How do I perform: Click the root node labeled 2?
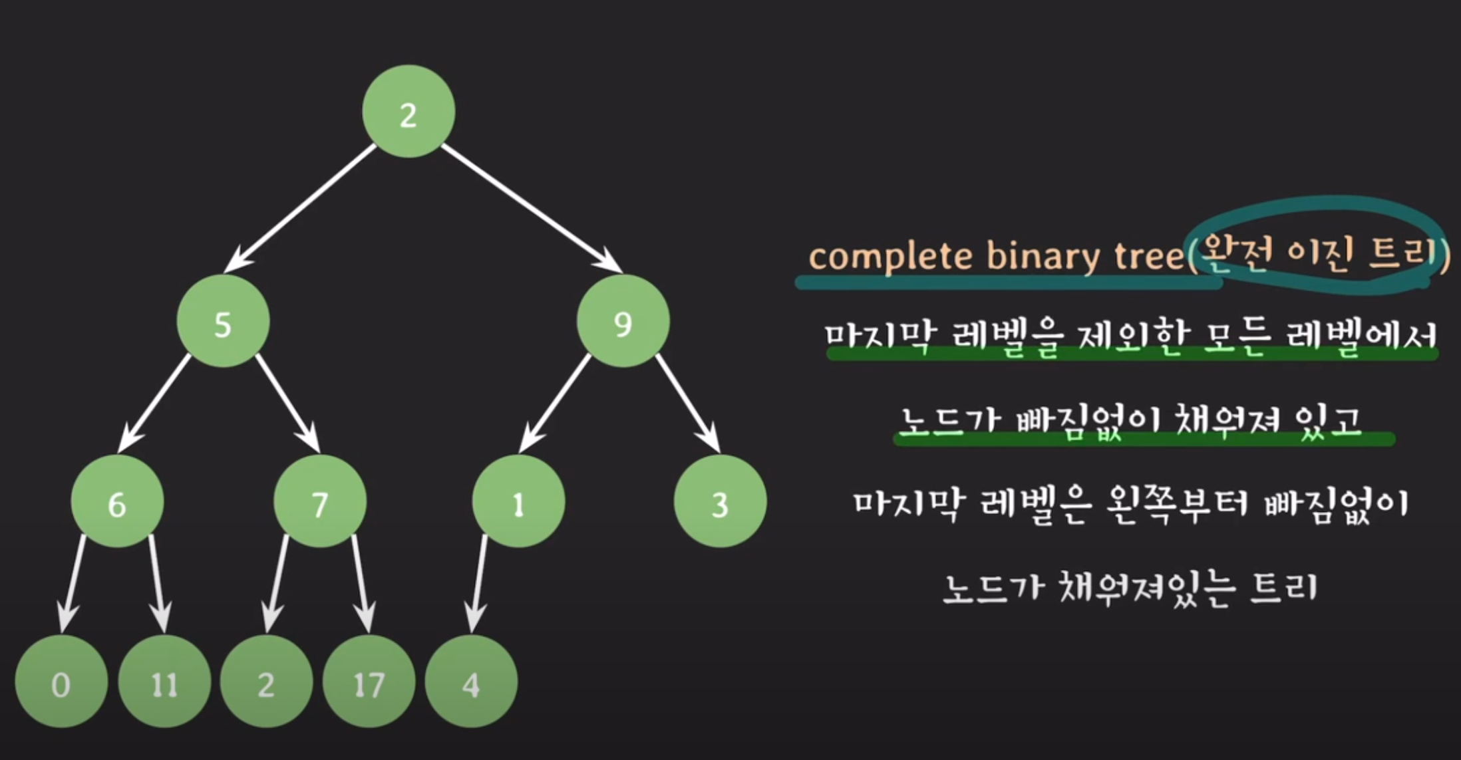coord(408,112)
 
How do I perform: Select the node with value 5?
coord(223,321)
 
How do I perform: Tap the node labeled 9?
coord(623,321)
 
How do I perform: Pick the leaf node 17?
coord(369,682)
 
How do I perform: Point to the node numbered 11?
coord(164,682)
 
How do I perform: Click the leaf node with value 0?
coord(61,682)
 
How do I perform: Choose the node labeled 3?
coord(720,502)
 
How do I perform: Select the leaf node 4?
coord(471,682)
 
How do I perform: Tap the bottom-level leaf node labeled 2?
coord(266,682)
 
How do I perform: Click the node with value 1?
coord(518,502)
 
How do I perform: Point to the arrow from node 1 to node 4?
coord(478,584)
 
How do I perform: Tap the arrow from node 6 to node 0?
coord(73,584)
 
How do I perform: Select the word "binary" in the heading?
coord(1043,257)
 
